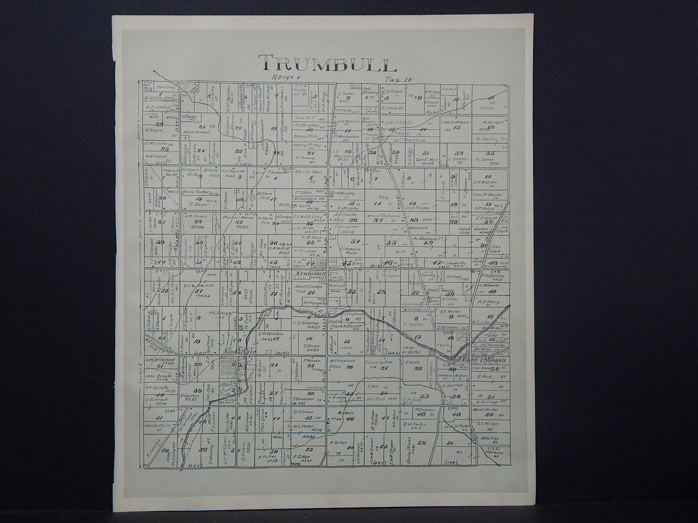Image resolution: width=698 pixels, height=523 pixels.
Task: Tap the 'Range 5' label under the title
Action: [283, 77]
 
